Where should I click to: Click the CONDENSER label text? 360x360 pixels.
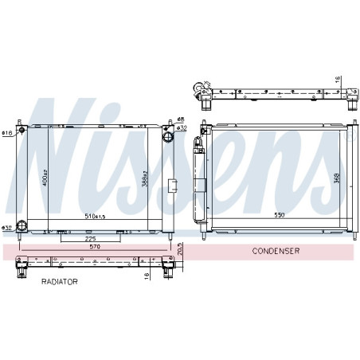click(x=275, y=251)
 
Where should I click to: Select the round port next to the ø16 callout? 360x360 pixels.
click(x=23, y=132)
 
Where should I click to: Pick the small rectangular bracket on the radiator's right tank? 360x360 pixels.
click(x=173, y=186)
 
